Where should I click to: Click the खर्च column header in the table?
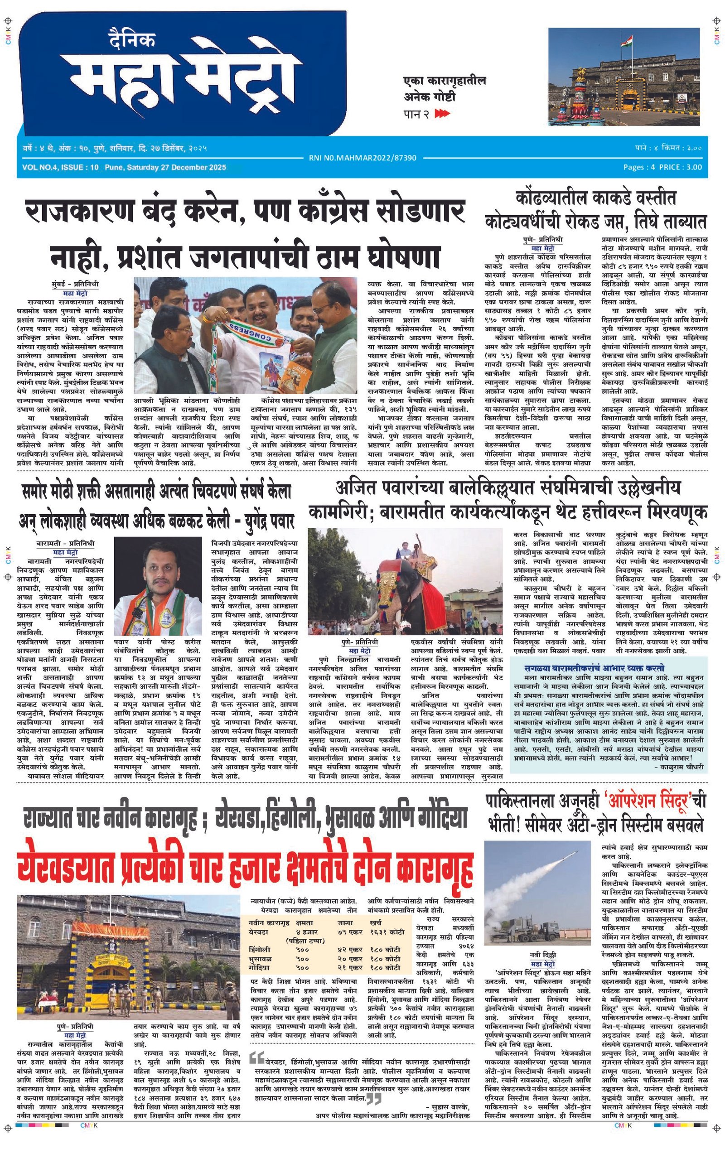376,923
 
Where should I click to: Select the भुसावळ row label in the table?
261,958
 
